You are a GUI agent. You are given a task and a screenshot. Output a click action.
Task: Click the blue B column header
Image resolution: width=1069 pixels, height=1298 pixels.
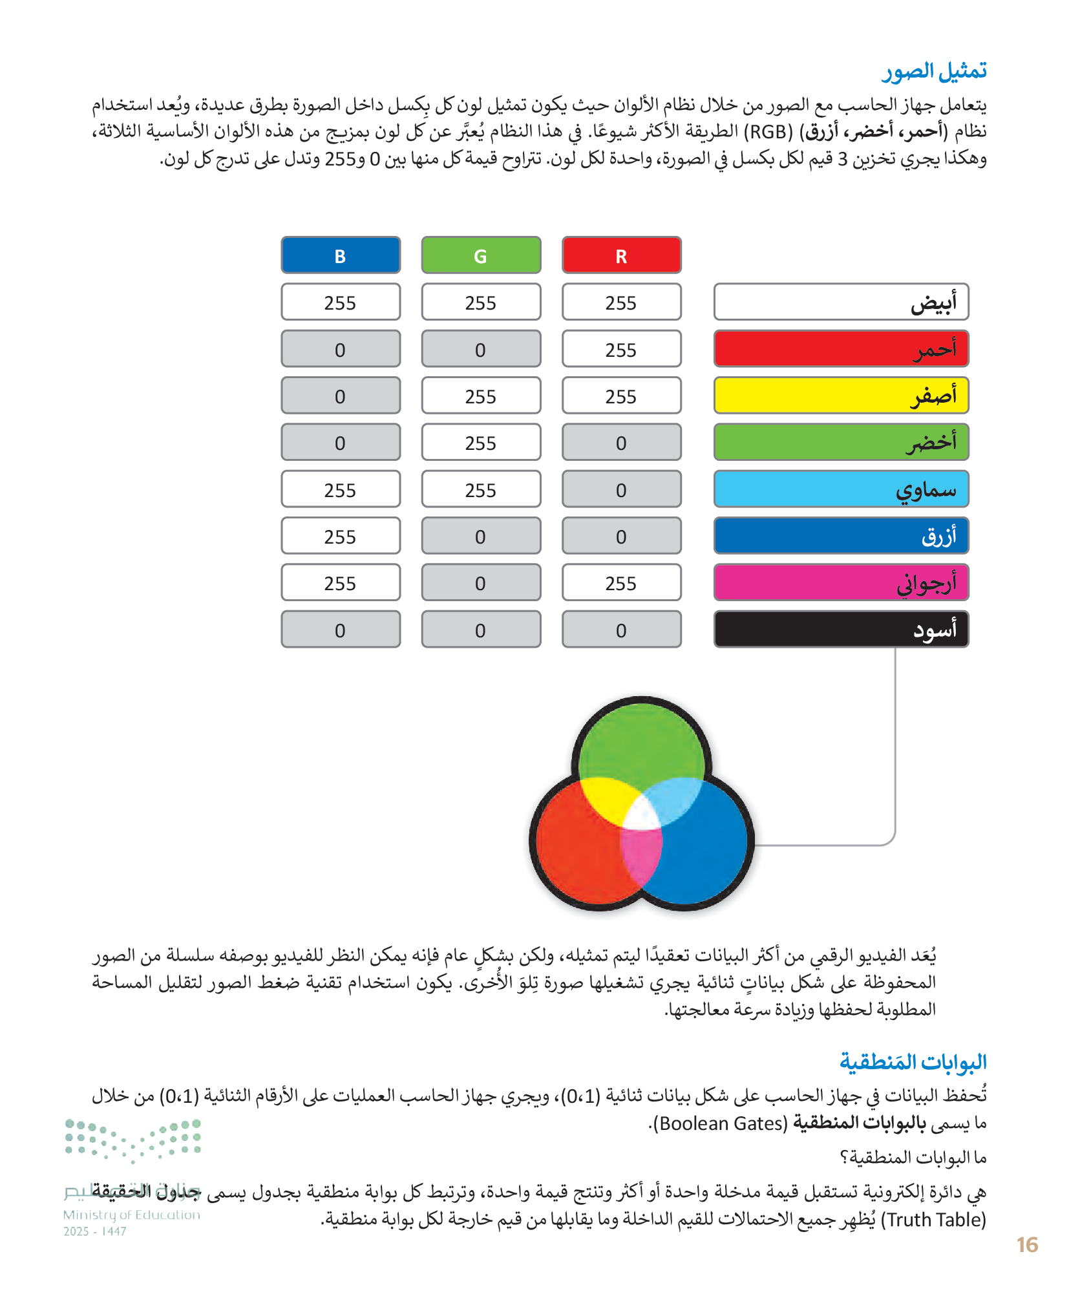point(341,255)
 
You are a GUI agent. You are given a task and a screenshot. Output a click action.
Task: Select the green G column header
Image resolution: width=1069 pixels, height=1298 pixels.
point(481,255)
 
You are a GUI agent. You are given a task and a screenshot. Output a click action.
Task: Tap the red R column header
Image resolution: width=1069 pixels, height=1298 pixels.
point(621,255)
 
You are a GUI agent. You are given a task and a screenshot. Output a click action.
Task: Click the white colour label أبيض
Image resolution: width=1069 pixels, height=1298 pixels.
point(841,302)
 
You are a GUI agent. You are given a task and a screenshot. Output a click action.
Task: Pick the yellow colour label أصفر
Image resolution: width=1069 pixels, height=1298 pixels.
point(841,396)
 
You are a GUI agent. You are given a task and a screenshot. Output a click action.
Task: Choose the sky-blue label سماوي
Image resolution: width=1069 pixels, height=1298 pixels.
point(841,489)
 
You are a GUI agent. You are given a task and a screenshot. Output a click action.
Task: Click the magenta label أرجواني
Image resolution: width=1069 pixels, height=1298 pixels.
point(841,582)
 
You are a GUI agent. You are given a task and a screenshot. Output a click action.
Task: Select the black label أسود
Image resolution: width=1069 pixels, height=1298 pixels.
point(841,630)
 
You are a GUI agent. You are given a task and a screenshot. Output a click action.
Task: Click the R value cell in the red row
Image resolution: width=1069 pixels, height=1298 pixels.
point(621,349)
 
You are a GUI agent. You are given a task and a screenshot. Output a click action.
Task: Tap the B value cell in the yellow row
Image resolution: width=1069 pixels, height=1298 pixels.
point(341,396)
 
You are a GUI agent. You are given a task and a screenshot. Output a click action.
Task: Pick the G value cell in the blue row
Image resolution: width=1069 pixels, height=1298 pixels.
point(481,536)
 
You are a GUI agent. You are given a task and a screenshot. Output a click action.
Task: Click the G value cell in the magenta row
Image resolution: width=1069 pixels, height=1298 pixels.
point(481,582)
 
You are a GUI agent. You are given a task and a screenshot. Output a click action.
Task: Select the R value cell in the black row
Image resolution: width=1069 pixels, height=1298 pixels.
point(621,630)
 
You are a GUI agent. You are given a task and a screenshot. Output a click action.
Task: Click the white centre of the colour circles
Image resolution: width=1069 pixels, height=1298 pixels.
point(641,816)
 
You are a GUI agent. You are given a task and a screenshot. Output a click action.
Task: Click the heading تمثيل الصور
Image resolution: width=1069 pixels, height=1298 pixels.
point(934,71)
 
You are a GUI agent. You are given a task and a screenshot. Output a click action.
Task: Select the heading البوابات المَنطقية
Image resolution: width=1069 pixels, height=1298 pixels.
point(913,1061)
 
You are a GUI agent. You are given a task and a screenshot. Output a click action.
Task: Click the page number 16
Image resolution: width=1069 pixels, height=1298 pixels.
point(1026,1244)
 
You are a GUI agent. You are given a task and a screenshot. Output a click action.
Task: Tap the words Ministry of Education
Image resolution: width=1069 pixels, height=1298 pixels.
point(132,1215)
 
